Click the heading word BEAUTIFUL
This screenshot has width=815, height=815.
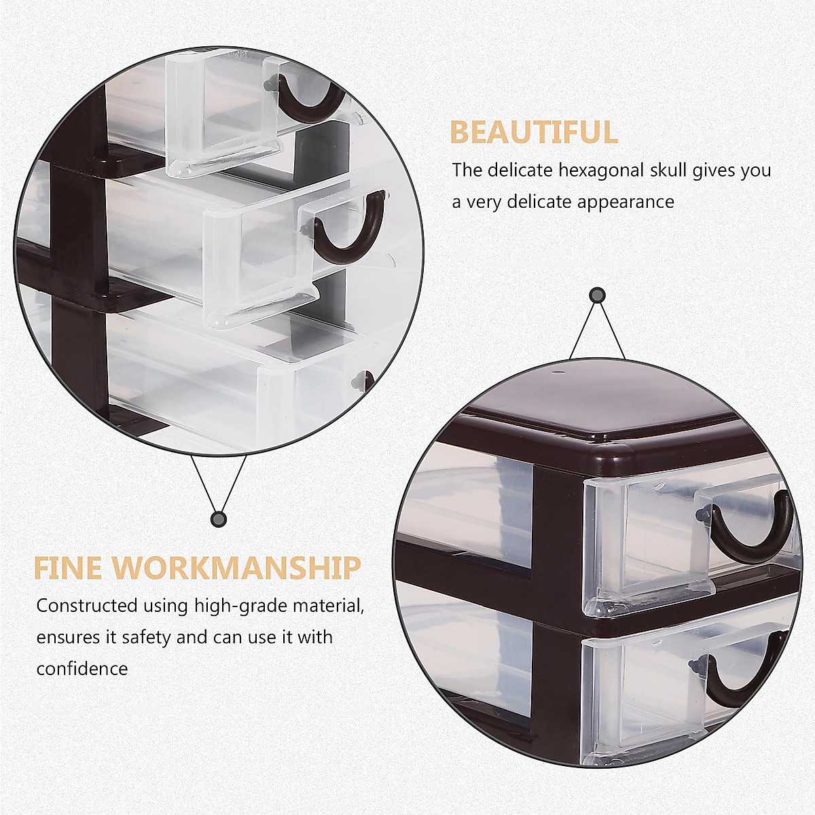coord(534,132)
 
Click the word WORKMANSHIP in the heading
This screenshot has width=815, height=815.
coord(236,568)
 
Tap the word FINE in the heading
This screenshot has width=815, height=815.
coord(67,568)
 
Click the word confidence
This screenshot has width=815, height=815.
coord(82,669)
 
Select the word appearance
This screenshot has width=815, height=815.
coord(626,202)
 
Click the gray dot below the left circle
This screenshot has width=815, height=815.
coord(218,520)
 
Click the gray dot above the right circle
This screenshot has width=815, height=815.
coord(598,295)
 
